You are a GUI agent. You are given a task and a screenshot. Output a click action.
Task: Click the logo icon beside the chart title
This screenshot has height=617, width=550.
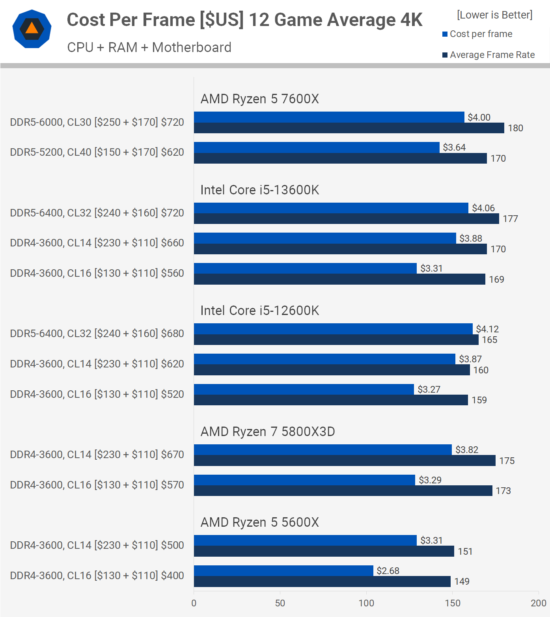(x=32, y=29)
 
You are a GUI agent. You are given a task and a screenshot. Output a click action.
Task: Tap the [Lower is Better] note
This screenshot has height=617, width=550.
(x=494, y=15)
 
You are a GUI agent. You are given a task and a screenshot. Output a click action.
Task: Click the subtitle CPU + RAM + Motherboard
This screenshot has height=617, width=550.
(x=149, y=47)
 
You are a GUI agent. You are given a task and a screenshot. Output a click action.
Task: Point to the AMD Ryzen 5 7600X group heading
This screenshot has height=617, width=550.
(x=259, y=99)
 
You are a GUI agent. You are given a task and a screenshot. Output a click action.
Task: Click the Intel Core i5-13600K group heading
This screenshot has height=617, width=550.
(x=259, y=190)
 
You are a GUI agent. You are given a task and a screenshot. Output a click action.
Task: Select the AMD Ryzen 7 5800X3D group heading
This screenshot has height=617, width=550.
(x=268, y=431)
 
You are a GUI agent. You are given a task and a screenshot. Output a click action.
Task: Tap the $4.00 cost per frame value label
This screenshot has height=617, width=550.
(x=479, y=117)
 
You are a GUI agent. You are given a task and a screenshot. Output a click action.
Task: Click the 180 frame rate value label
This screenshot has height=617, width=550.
(x=515, y=128)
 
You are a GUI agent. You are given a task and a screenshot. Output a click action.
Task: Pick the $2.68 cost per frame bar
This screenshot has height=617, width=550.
(x=283, y=570)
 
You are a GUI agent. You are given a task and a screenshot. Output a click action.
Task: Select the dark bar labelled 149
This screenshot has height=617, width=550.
(x=322, y=582)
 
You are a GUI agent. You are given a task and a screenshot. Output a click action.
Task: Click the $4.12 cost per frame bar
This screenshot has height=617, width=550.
(x=333, y=329)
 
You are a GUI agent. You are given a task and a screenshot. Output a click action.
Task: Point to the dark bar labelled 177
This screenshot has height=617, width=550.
(x=346, y=219)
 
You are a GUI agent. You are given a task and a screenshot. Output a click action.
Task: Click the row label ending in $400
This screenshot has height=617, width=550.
(x=97, y=576)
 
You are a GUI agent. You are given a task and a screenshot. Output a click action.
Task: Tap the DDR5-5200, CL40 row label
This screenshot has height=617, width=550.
(x=97, y=152)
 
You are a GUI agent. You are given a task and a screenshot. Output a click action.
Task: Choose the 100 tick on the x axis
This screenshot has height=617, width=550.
(x=366, y=603)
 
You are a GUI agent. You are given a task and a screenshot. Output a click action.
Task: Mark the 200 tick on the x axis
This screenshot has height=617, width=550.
(x=539, y=603)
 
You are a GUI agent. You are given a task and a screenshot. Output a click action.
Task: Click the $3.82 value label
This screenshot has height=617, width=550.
(x=467, y=450)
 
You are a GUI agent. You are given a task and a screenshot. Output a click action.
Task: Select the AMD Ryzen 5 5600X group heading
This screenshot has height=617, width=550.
(x=259, y=522)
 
